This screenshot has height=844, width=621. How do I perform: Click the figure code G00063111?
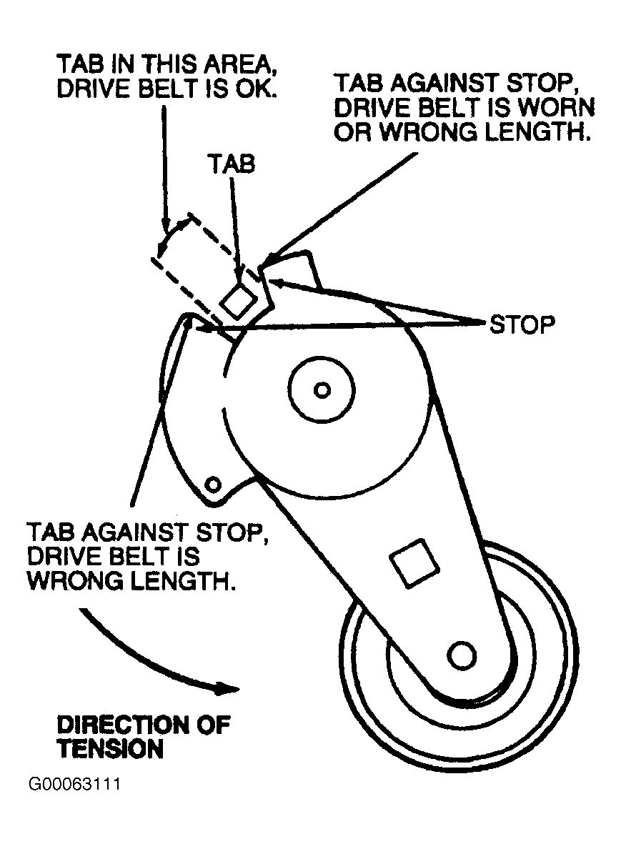74,785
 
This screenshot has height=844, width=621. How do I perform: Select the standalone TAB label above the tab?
232,164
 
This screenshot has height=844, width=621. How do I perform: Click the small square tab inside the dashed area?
238,299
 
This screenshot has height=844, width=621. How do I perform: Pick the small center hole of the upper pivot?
322,389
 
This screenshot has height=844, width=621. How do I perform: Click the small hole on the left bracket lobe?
212,485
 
